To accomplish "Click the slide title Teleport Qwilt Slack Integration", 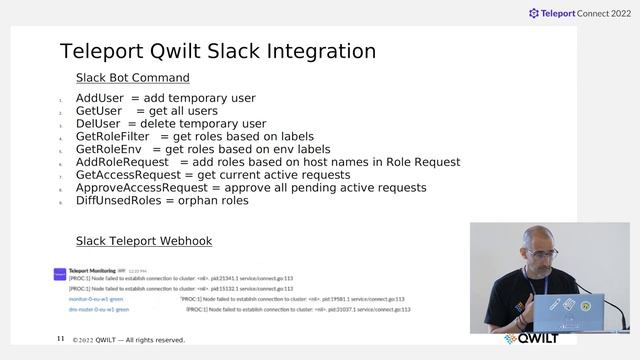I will [x=218, y=52].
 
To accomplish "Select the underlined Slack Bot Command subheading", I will [x=132, y=78].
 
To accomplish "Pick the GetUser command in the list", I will [x=99, y=111].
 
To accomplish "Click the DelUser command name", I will [x=98, y=124].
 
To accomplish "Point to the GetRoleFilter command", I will [x=112, y=137].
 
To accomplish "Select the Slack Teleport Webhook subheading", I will [x=143, y=242].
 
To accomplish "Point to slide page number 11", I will [x=61, y=340].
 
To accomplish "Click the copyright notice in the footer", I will [x=129, y=340].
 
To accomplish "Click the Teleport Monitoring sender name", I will [x=92, y=270].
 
